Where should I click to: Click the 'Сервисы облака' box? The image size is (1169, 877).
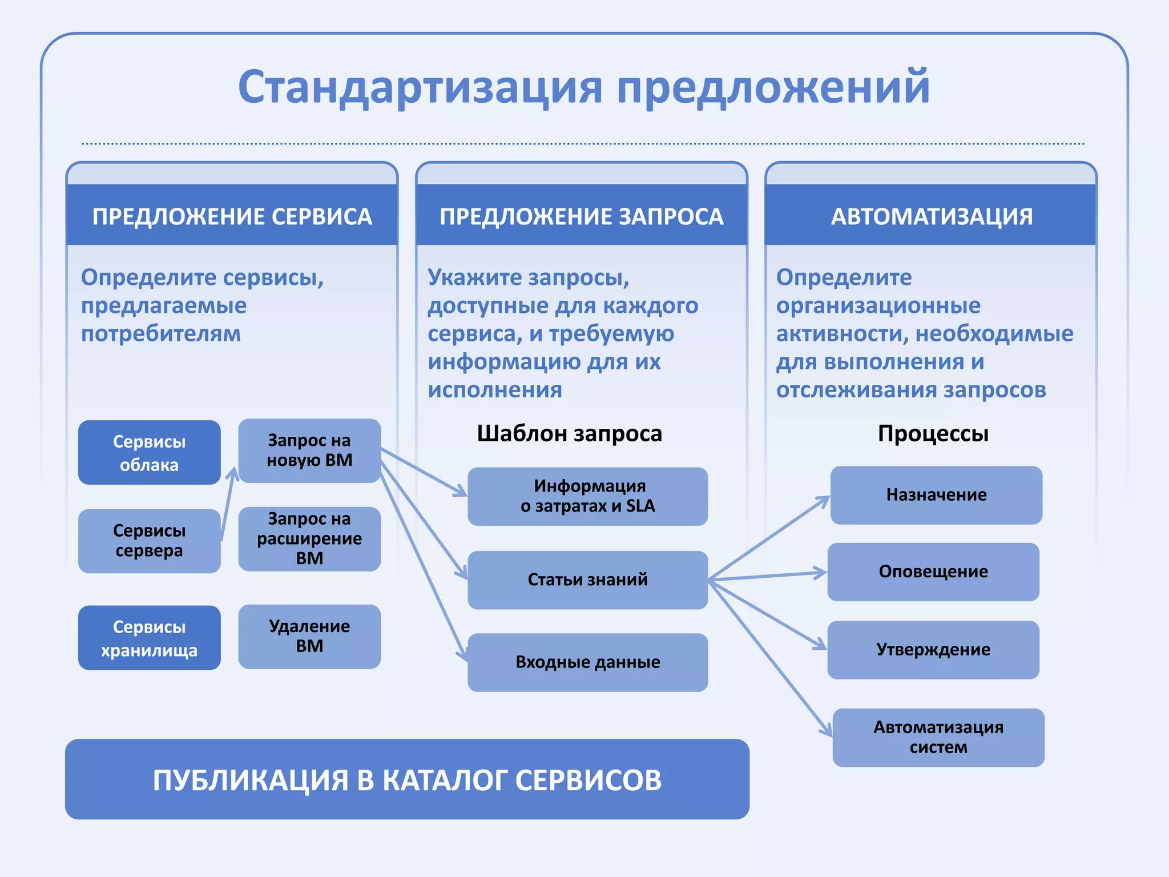[149, 452]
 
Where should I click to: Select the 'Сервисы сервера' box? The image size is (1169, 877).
[149, 541]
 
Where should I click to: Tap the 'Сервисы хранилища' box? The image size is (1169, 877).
[149, 638]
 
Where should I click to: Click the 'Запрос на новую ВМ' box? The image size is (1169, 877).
[309, 450]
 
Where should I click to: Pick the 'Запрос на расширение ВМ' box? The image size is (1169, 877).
[309, 538]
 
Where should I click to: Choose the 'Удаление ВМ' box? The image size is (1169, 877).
[309, 636]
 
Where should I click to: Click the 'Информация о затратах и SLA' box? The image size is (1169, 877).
[587, 496]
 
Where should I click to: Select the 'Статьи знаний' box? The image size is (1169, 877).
[587, 580]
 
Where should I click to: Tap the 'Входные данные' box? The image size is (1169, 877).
[587, 662]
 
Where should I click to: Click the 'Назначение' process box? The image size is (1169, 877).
[936, 495]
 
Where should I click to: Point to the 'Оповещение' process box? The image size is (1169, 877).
[933, 572]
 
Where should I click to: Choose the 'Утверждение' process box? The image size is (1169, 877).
[933, 650]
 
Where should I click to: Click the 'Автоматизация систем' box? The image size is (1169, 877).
[938, 737]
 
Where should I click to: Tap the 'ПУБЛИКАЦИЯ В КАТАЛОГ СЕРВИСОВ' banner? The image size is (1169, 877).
[407, 779]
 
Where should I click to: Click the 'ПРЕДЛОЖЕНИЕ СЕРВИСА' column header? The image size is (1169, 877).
[232, 216]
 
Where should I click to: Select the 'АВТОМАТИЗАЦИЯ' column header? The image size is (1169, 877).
[932, 216]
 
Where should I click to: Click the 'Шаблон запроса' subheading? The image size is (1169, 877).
[569, 433]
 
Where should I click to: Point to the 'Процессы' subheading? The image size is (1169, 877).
[933, 433]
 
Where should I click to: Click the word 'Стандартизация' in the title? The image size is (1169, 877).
[420, 87]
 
